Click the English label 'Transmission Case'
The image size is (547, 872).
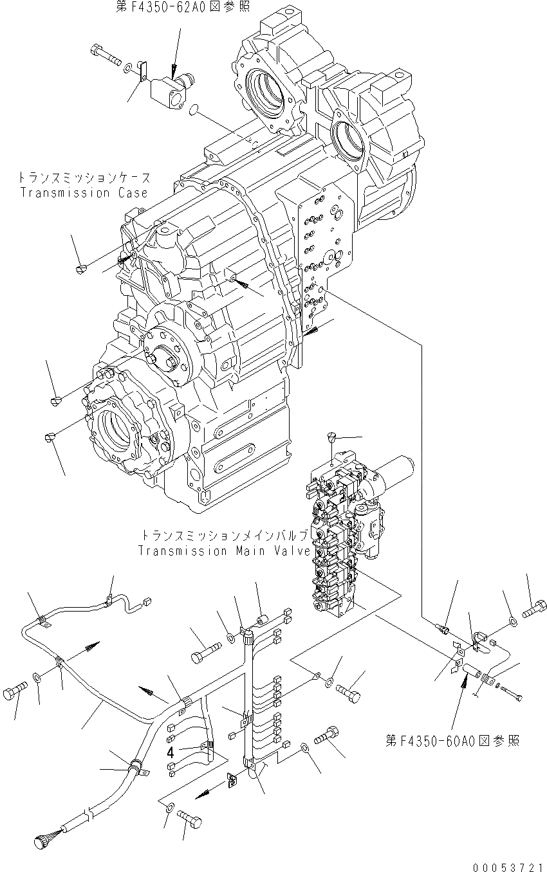tap(84, 193)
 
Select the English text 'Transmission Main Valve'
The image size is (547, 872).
tap(224, 551)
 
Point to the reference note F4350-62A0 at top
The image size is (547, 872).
tap(173, 6)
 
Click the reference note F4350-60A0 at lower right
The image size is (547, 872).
tap(452, 741)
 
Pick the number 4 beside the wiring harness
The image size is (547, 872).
tap(170, 752)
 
